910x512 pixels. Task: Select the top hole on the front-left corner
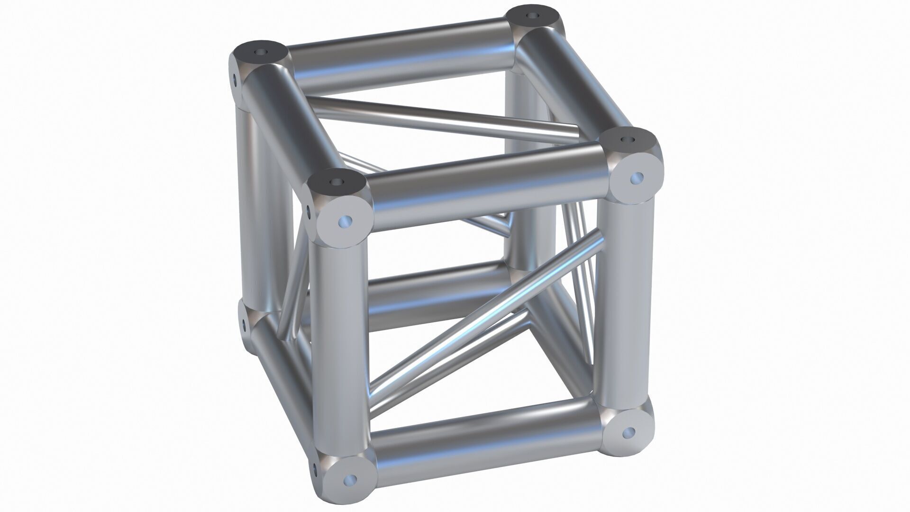[x=337, y=182]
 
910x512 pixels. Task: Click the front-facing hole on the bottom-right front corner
[x=630, y=432]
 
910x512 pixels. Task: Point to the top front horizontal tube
[x=488, y=187]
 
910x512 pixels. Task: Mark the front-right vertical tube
[x=625, y=303]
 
